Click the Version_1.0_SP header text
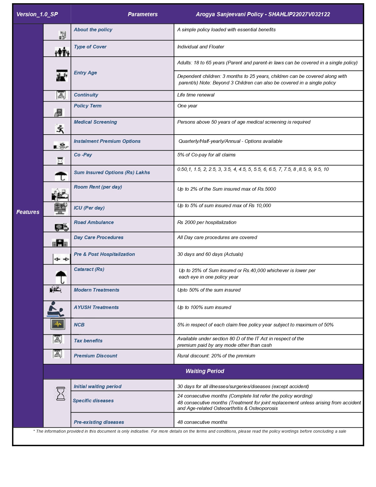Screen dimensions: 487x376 tap(37, 14)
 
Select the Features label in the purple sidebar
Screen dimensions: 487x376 tap(28, 212)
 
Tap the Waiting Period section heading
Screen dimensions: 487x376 tap(205, 371)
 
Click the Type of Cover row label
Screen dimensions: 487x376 tap(90, 47)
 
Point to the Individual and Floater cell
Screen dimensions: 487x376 tap(201, 47)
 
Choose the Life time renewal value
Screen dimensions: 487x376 tap(196, 95)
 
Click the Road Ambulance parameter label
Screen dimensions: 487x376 tap(93, 222)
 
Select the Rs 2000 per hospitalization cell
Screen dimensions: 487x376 tap(207, 222)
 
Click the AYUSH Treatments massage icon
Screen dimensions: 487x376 tap(56, 309)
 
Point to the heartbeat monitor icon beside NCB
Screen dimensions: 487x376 tap(58, 324)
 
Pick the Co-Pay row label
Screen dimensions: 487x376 tap(83, 155)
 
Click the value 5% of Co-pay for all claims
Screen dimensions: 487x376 tap(206, 155)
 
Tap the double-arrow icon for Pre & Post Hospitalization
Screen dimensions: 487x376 tap(61, 259)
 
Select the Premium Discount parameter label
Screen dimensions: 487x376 tap(95, 356)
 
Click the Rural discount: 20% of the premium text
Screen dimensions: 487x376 tap(216, 356)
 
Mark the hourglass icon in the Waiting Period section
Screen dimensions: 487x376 tap(61, 394)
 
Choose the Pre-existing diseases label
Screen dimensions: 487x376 tap(99, 422)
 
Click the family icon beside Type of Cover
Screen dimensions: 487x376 tap(62, 52)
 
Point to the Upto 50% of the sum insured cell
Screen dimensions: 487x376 tap(209, 290)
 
